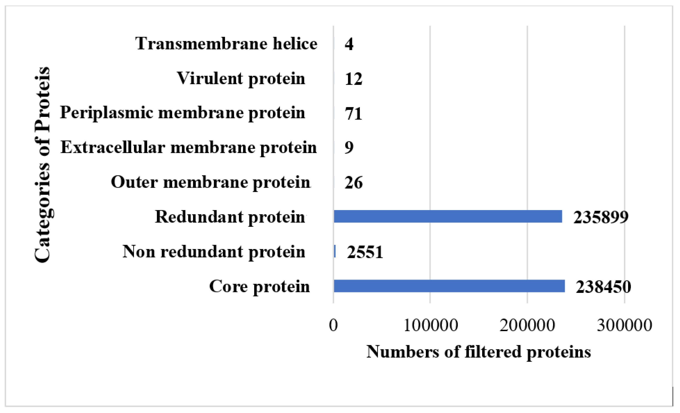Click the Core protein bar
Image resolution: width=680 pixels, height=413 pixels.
pos(449,286)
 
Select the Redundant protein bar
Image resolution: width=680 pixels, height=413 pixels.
pos(448,217)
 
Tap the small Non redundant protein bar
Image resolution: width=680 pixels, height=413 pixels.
pos(335,251)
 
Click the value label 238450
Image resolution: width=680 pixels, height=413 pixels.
pos(603,287)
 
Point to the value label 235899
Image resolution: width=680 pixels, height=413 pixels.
pos(601,217)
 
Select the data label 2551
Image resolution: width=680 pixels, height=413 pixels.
pos(365,252)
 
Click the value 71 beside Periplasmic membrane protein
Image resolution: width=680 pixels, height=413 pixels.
pos(353,113)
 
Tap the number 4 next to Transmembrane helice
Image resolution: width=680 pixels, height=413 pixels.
pos(349,44)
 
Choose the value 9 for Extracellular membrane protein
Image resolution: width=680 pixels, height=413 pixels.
pos(349,147)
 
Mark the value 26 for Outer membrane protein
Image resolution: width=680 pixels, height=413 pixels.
pos(353,182)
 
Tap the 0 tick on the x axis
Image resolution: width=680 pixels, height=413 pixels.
pos(333,325)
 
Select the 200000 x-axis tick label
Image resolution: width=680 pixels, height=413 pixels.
pos(527,325)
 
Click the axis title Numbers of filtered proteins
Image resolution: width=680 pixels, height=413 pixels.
pos(479,352)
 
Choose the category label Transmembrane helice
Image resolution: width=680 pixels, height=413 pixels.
pos(226,44)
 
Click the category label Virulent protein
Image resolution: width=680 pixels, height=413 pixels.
pos(241,78)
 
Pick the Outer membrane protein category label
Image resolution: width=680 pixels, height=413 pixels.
pos(211,182)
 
